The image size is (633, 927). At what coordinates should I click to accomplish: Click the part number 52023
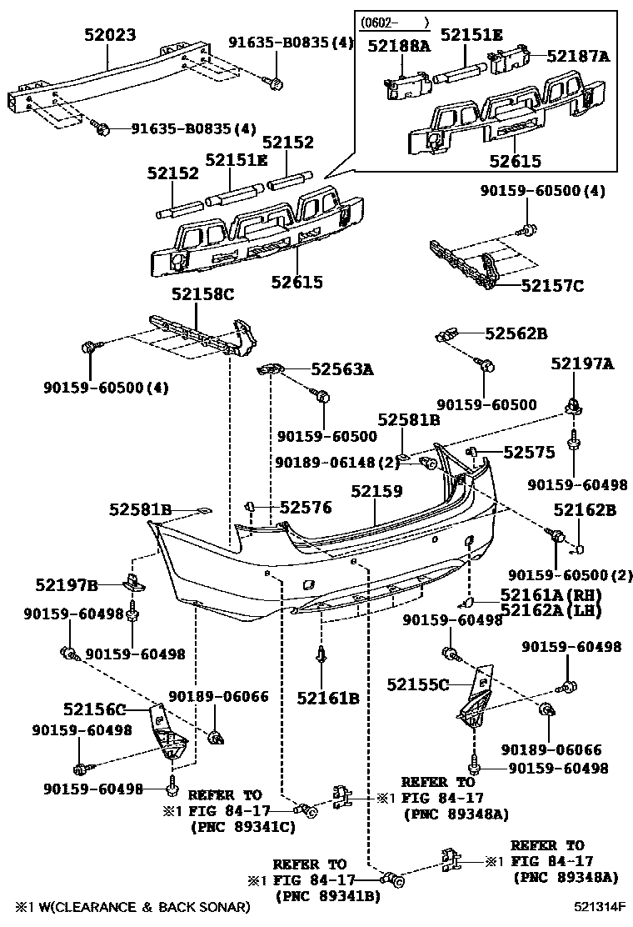tap(111, 35)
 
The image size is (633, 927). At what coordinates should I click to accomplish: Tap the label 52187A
tap(579, 57)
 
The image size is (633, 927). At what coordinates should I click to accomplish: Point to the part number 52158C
tap(203, 294)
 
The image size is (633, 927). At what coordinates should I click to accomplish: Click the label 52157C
tap(552, 286)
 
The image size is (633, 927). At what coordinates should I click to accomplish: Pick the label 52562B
tap(516, 333)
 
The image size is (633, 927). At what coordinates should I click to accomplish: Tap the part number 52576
tap(305, 507)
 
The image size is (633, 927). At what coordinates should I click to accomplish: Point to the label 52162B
tap(585, 510)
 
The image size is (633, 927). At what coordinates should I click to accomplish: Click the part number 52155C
tap(418, 684)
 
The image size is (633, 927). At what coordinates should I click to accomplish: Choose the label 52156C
tap(94, 709)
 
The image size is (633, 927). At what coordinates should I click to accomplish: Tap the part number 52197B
tap(67, 584)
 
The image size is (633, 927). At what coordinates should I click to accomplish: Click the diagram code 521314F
tap(600, 906)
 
